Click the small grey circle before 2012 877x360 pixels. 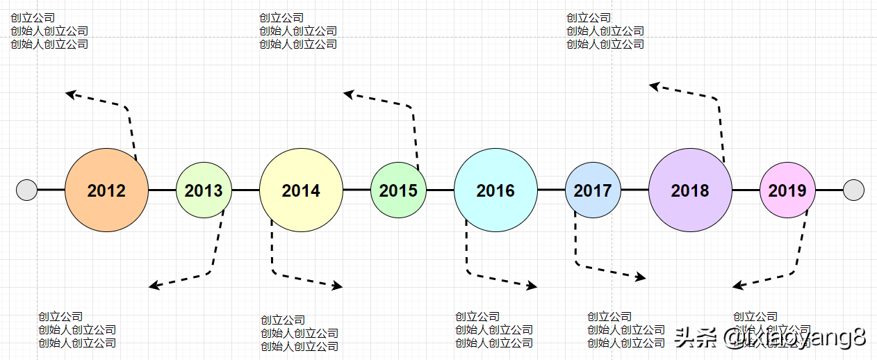[x=26, y=190]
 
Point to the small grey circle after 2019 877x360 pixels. [x=853, y=190]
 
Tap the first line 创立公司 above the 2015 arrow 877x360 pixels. [x=281, y=18]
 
